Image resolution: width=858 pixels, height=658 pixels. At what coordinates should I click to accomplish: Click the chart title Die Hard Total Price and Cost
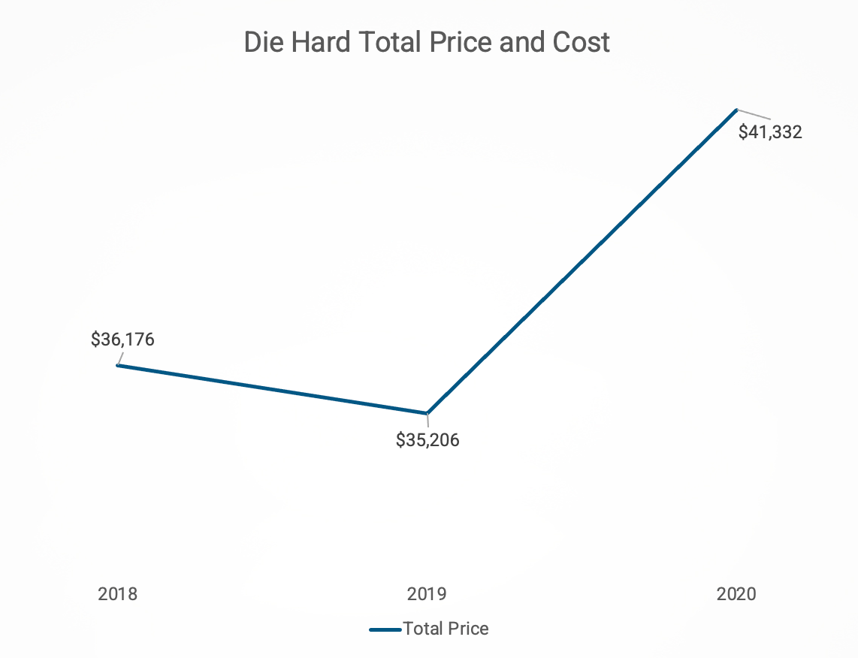[x=427, y=42]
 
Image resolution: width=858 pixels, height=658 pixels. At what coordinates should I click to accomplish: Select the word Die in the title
[x=263, y=42]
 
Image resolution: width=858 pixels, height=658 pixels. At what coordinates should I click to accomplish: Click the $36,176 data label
[x=122, y=340]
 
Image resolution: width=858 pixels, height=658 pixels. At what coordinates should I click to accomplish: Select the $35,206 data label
[x=427, y=440]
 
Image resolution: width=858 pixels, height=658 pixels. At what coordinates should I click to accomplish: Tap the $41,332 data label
[x=770, y=133]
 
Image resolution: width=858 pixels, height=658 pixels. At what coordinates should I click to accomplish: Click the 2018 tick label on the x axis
[x=118, y=594]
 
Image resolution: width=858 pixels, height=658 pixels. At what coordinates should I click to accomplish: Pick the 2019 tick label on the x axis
[x=427, y=594]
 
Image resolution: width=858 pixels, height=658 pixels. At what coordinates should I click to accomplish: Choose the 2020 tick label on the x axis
[x=737, y=594]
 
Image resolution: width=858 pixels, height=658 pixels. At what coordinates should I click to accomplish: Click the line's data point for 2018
[x=118, y=365]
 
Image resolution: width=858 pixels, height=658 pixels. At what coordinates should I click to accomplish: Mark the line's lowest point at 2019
[x=427, y=413]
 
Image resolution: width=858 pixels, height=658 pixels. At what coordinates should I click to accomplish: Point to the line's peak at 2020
[x=736, y=110]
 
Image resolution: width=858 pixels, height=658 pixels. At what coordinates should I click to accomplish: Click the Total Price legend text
[x=446, y=629]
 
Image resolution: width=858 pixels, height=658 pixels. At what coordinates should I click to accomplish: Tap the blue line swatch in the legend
[x=385, y=629]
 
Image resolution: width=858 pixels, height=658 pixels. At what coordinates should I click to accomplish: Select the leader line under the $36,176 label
[x=120, y=358]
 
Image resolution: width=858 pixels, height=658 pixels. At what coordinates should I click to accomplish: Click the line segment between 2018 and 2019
[x=272, y=389]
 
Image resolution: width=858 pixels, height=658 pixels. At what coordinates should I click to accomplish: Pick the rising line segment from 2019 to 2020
[x=582, y=261]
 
